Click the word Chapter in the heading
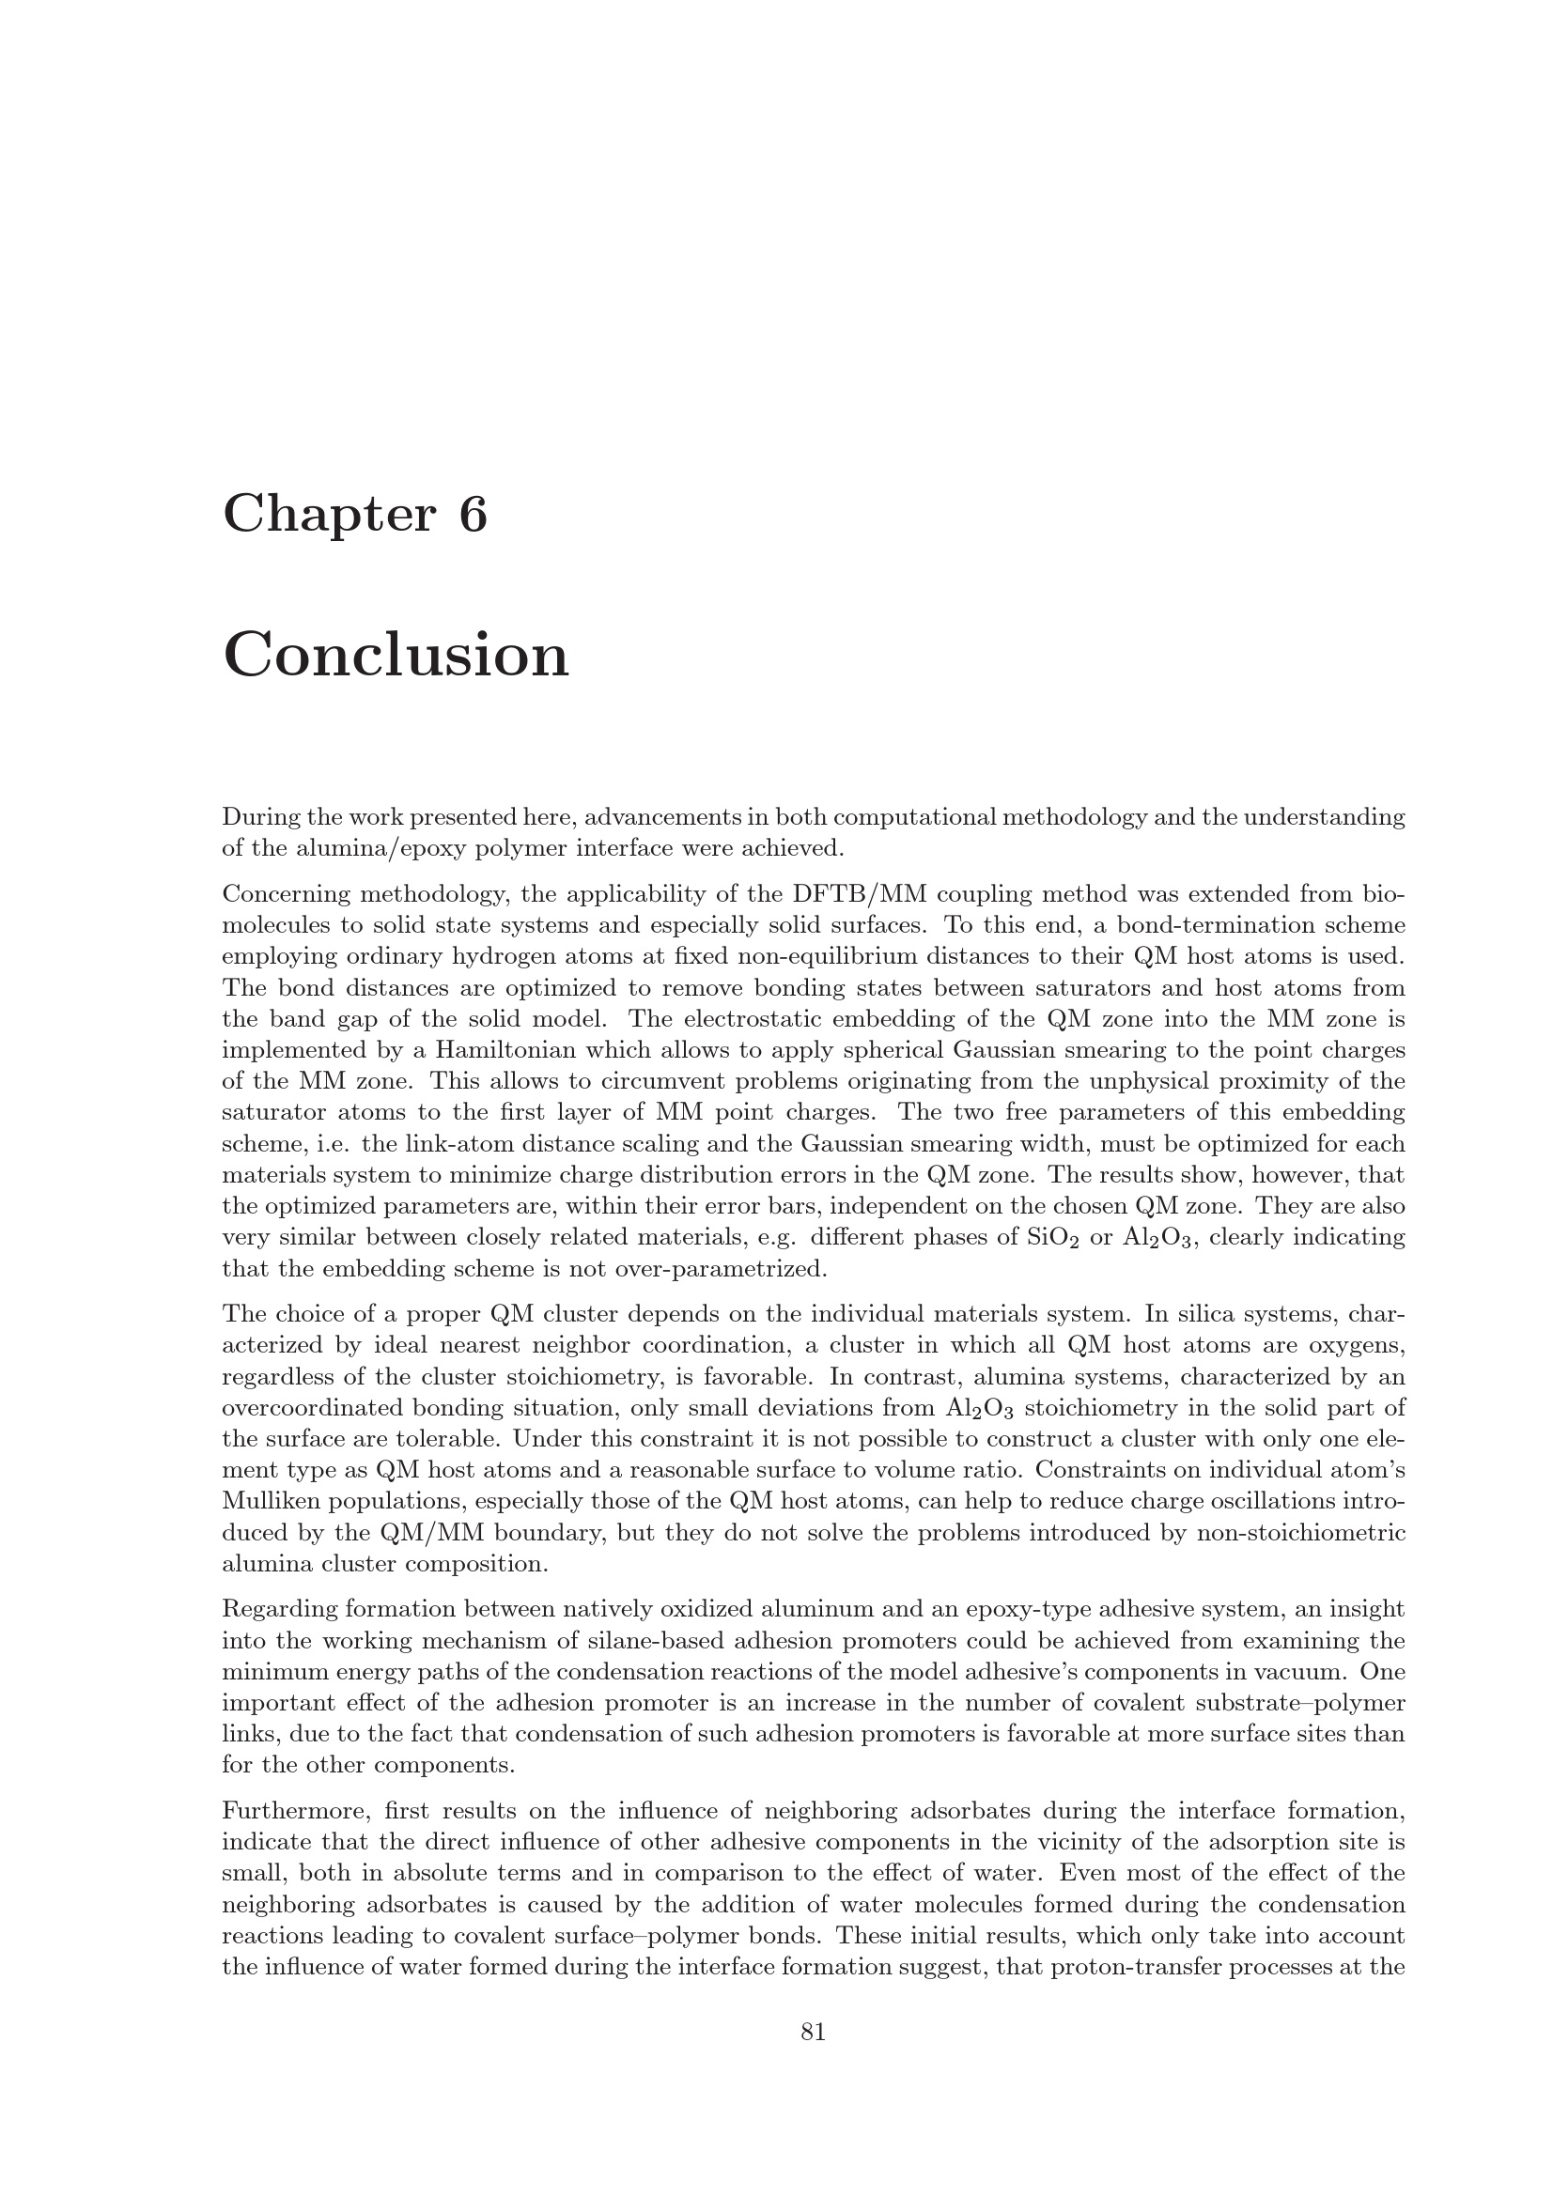(328, 514)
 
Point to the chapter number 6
(473, 514)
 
